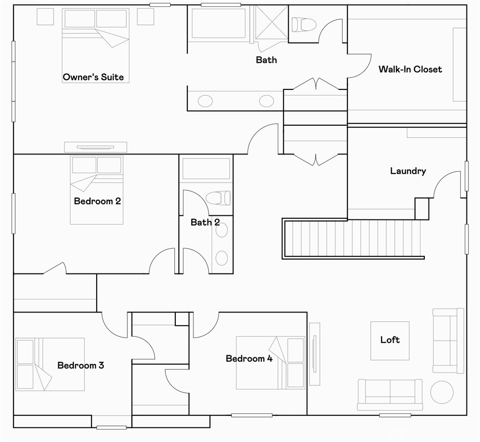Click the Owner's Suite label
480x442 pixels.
point(93,77)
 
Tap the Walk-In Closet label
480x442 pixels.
point(410,69)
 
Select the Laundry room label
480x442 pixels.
point(408,171)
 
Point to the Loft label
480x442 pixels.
point(390,340)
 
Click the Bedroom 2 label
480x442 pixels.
point(97,201)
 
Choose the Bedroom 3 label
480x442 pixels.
point(81,365)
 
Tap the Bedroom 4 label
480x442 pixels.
point(249,358)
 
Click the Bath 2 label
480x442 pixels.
point(205,223)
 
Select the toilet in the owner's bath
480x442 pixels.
point(304,24)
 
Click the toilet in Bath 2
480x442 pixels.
point(218,198)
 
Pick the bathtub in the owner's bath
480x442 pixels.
point(219,23)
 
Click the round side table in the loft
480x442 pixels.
point(442,392)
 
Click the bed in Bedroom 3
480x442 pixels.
point(50,364)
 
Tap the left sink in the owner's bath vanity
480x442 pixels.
point(205,101)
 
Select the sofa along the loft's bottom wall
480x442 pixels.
point(390,395)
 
